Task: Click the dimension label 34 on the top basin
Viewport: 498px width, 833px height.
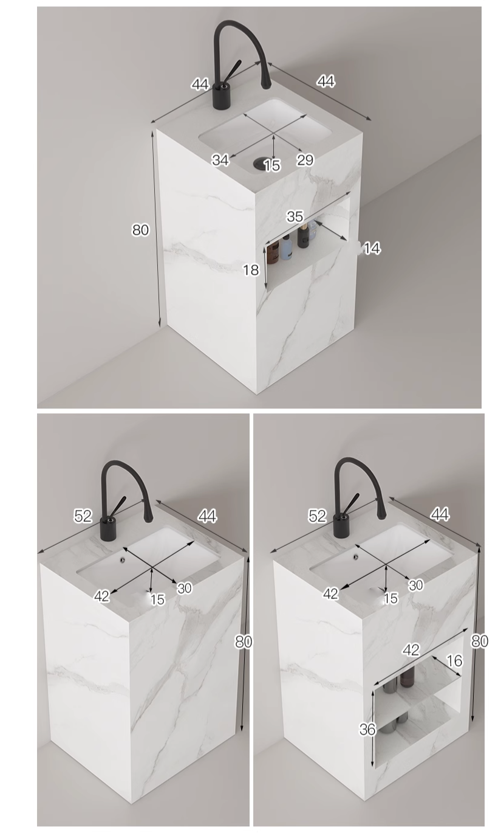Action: pyautogui.click(x=220, y=161)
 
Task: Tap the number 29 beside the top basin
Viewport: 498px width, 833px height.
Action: pyautogui.click(x=305, y=160)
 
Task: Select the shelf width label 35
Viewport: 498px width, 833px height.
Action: pyautogui.click(x=295, y=216)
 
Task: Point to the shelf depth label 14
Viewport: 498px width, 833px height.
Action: pyautogui.click(x=372, y=248)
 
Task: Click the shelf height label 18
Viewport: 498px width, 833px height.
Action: pyautogui.click(x=251, y=270)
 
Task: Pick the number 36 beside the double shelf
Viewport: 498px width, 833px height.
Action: pyautogui.click(x=367, y=729)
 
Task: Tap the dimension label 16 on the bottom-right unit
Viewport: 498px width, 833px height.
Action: pyautogui.click(x=454, y=661)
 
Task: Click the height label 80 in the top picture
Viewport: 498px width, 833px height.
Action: pyautogui.click(x=140, y=230)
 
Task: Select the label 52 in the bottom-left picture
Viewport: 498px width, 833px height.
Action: pyautogui.click(x=83, y=516)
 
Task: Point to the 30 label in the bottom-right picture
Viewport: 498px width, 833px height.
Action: pyautogui.click(x=415, y=585)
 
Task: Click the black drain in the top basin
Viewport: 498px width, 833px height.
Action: pyautogui.click(x=259, y=162)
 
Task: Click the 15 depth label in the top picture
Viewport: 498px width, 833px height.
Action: pyautogui.click(x=272, y=165)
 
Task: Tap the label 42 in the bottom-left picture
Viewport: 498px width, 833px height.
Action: pyautogui.click(x=101, y=596)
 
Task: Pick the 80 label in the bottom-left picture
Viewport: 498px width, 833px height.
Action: pyautogui.click(x=244, y=641)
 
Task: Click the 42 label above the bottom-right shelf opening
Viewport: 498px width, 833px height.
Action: pyautogui.click(x=411, y=649)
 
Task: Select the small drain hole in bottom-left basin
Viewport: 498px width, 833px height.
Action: pyautogui.click(x=122, y=558)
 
